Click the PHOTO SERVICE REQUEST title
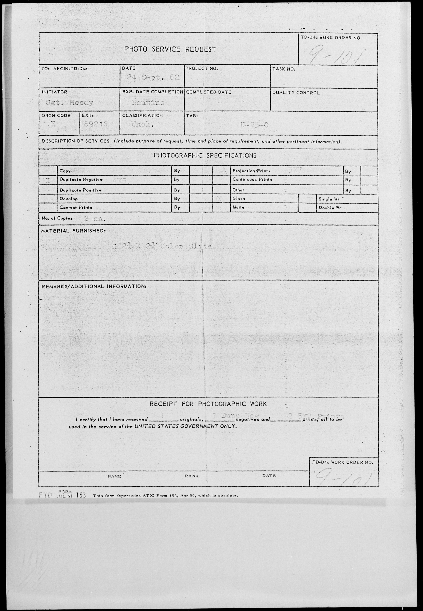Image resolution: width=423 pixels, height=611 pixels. [170, 49]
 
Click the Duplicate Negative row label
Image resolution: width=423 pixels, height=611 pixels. [81, 179]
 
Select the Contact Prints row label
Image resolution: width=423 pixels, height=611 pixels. [76, 207]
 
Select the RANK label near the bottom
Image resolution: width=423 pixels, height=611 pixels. [192, 476]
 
